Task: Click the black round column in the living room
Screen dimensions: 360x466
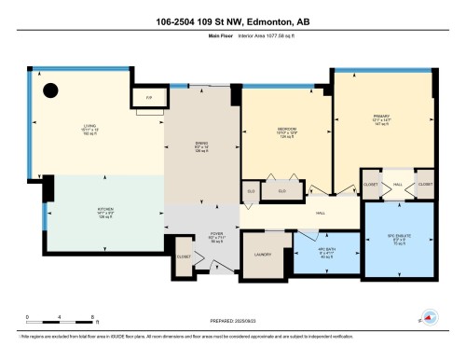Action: (50, 90)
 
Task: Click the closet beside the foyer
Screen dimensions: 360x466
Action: (184, 253)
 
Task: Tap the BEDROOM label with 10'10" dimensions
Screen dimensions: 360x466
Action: (285, 132)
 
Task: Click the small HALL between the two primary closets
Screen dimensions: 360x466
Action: (398, 185)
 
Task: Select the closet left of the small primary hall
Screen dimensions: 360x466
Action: (371, 185)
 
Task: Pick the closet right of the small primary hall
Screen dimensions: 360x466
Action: (425, 185)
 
